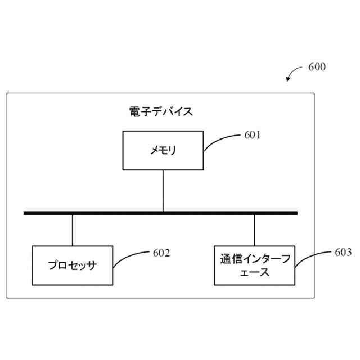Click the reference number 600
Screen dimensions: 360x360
317,67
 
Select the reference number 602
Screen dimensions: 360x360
161,253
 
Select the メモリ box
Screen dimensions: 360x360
163,150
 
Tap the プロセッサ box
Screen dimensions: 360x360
72,265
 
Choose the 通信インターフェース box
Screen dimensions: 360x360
254,265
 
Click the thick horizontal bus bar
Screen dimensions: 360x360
160,213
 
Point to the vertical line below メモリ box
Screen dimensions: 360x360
163,190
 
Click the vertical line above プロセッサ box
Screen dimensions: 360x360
73,230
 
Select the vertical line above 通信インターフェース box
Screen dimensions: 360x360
254,230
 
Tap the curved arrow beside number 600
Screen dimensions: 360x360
294,73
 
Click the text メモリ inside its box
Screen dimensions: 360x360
163,150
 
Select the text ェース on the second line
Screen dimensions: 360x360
254,273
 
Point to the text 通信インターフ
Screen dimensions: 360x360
254,259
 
